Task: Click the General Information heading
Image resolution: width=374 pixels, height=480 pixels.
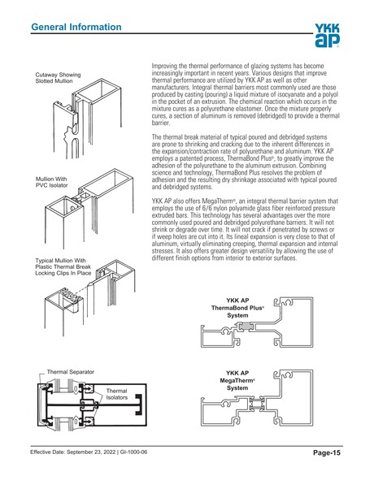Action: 76,28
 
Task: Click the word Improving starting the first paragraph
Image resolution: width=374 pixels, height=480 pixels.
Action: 167,63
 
